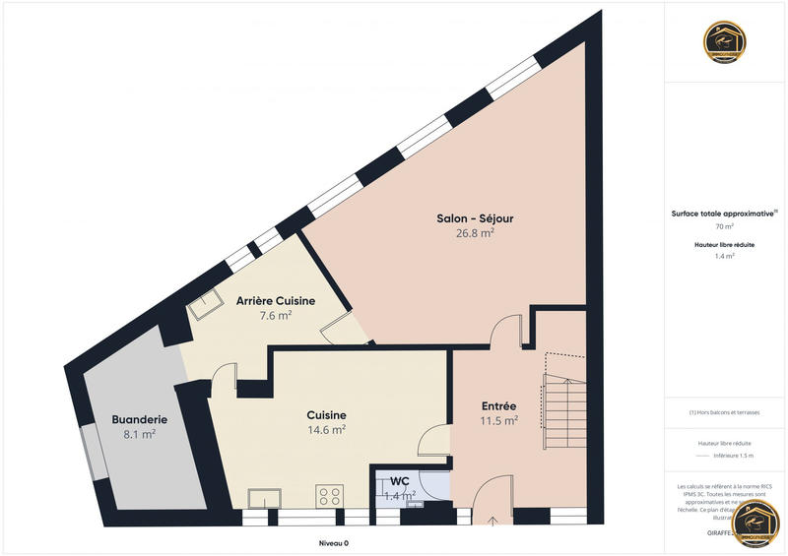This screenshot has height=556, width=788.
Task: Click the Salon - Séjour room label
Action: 475,218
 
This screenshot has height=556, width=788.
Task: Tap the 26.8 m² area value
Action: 475,233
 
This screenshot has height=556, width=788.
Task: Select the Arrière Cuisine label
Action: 276,301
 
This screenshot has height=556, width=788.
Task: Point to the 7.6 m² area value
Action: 276,316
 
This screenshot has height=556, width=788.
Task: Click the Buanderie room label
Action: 139,419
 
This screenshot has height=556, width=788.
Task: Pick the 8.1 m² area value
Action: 139,434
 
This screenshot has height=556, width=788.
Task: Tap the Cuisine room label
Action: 326,415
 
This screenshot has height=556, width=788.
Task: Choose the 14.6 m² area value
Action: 326,430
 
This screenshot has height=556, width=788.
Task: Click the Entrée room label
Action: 499,406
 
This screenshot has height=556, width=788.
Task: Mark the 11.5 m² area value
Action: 499,421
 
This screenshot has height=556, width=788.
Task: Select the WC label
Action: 400,480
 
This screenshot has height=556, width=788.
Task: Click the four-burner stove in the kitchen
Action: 328,495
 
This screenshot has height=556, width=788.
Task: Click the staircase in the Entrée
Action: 561,403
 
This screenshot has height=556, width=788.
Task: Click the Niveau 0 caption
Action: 333,543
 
